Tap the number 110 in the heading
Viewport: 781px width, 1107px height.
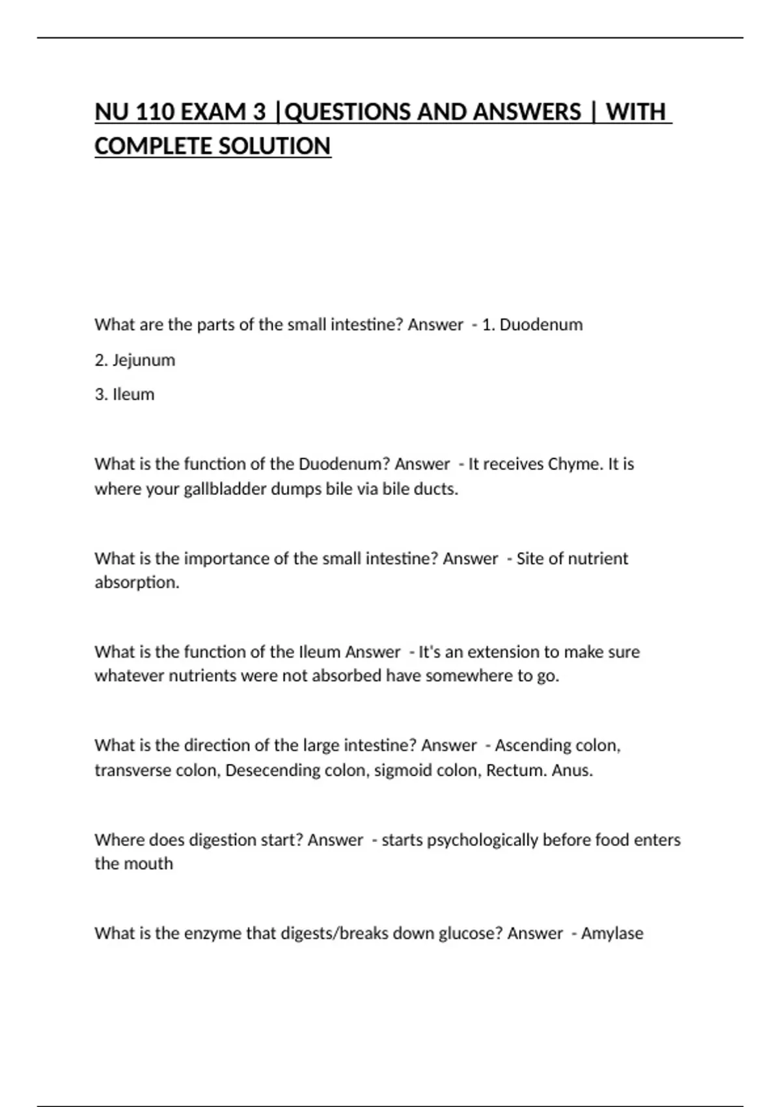pos(156,112)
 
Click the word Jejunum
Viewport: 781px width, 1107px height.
pos(144,360)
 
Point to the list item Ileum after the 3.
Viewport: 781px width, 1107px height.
pos(133,395)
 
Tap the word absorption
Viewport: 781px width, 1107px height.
pos(136,582)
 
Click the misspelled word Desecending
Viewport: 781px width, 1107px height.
pos(273,770)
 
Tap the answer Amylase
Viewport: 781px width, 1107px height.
pos(612,933)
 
